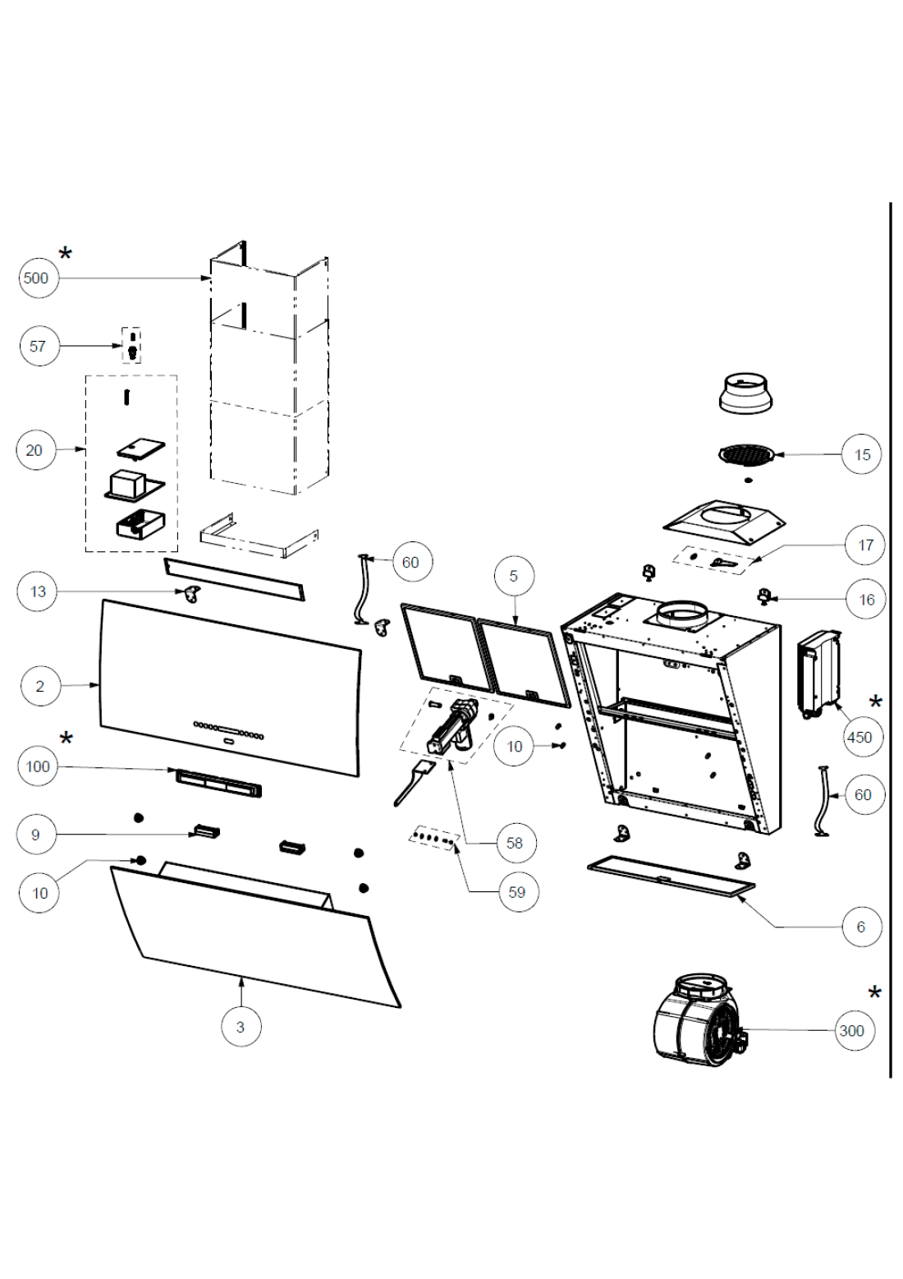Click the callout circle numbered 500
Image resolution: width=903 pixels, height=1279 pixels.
(36, 278)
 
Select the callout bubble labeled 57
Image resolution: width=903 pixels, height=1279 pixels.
(38, 346)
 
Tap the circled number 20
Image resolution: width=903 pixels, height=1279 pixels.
(35, 450)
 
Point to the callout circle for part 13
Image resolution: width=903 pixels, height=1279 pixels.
(38, 591)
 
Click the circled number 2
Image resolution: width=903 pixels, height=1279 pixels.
(39, 686)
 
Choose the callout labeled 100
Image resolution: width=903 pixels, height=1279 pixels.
(38, 766)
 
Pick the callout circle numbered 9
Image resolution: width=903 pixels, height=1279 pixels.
(35, 835)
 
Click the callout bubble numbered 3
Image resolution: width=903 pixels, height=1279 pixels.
(240, 1027)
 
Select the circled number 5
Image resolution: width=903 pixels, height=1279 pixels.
(514, 576)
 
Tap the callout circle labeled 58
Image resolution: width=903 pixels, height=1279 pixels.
(515, 843)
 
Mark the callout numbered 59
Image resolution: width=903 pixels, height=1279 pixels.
(516, 891)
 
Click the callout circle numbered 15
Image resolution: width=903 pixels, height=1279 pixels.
(862, 454)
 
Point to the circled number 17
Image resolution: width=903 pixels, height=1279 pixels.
(866, 545)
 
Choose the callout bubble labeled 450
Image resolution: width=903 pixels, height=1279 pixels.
(859, 737)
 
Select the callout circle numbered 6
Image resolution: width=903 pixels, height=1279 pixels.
(860, 927)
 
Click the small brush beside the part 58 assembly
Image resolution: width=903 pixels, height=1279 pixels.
(413, 782)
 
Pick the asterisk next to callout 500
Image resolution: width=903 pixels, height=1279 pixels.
(65, 253)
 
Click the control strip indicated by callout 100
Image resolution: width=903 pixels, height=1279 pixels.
(218, 782)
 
